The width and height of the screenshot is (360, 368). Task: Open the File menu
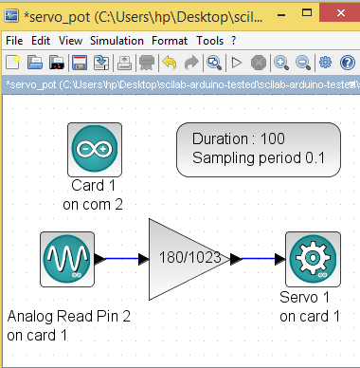(x=14, y=41)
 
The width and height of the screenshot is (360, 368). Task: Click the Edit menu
(x=41, y=41)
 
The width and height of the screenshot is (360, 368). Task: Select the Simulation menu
(x=117, y=41)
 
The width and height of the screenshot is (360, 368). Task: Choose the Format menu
(x=170, y=41)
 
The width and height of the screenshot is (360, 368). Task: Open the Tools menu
(x=210, y=41)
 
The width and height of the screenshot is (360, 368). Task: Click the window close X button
(x=340, y=12)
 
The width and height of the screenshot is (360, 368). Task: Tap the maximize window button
(x=307, y=12)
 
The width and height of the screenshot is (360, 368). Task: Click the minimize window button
(x=281, y=15)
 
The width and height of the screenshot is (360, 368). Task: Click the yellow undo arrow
(x=170, y=63)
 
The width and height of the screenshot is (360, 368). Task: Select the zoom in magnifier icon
(x=281, y=63)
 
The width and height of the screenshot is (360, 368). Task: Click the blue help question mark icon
(x=348, y=63)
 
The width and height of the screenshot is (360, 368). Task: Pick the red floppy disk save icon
(x=80, y=63)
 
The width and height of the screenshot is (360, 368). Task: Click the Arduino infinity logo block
(x=95, y=150)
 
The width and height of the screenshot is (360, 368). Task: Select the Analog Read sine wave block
(x=67, y=259)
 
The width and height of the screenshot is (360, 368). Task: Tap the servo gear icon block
(x=313, y=259)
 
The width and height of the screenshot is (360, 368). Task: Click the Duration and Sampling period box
(x=259, y=150)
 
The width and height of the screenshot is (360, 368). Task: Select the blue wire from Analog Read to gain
(x=121, y=259)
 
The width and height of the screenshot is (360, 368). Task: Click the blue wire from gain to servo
(x=258, y=259)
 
